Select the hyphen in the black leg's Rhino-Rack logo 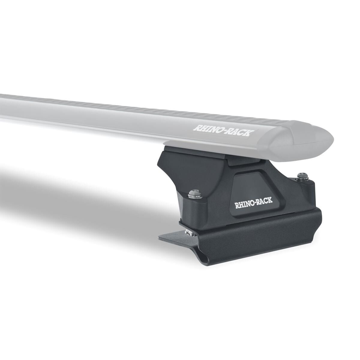point(254,205)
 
